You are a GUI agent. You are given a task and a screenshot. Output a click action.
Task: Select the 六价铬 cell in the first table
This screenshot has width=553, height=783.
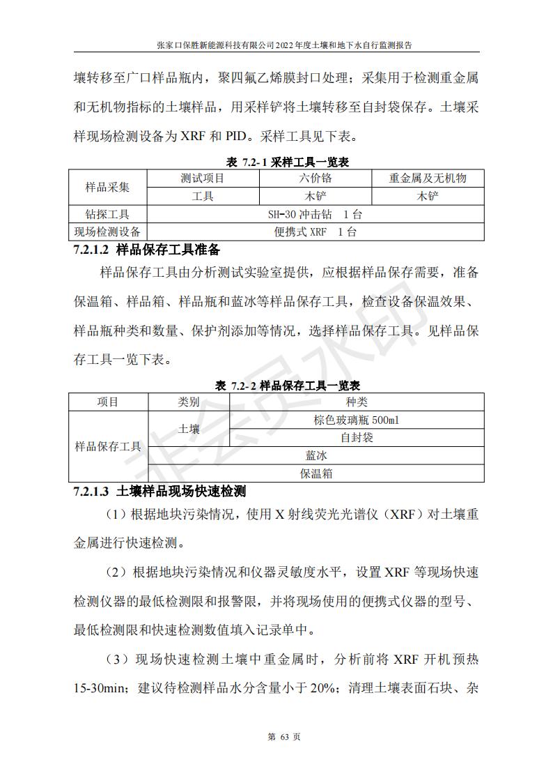(x=315, y=178)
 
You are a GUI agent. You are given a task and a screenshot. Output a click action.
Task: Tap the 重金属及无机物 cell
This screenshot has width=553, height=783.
(x=427, y=178)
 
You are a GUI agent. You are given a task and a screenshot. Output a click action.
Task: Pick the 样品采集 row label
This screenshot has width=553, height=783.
(x=107, y=187)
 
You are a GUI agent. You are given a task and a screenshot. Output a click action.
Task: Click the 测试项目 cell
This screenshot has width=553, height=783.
(x=202, y=178)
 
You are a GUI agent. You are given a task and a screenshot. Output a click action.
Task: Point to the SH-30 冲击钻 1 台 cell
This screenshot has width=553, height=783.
(x=315, y=214)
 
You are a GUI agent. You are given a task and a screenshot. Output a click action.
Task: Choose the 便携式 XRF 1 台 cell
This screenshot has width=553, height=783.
(x=315, y=232)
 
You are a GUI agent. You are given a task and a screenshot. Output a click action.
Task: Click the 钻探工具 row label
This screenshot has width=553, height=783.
(x=107, y=214)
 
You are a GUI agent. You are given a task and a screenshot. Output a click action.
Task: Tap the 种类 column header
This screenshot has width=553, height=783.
(x=357, y=402)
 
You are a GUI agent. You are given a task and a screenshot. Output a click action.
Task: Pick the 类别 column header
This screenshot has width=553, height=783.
(x=189, y=402)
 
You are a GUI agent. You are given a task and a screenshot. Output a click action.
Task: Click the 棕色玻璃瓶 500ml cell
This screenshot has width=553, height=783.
(x=357, y=420)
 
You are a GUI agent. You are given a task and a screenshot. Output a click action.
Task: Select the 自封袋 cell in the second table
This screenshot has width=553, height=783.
(x=357, y=438)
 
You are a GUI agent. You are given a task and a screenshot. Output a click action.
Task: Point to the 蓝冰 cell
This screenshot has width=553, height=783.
(x=316, y=455)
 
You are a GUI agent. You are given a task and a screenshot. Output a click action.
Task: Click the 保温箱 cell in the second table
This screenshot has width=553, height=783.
(x=316, y=473)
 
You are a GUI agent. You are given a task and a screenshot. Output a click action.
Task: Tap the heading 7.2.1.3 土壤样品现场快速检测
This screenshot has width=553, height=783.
(x=160, y=492)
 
